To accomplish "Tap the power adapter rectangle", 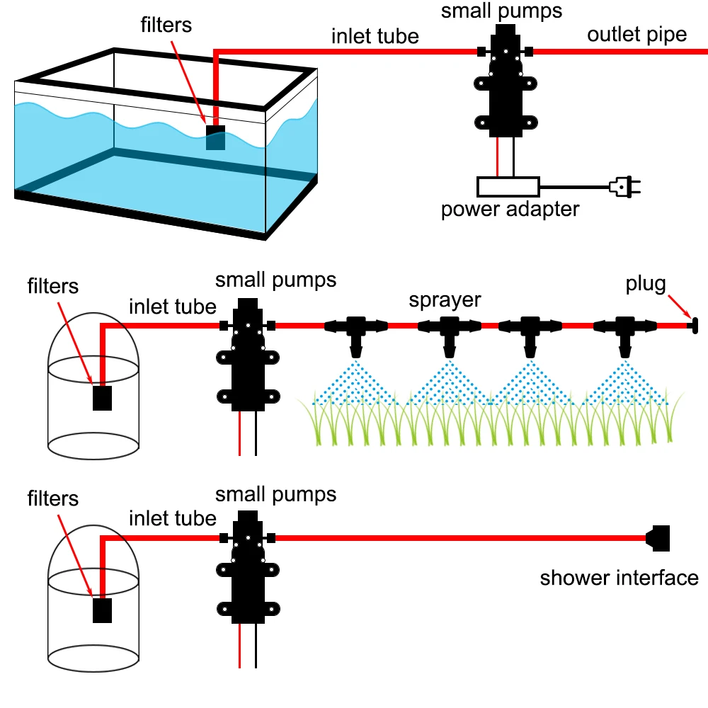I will (508, 187).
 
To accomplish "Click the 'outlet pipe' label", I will (636, 34).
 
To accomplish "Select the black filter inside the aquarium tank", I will (215, 137).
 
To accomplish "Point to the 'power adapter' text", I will (510, 210).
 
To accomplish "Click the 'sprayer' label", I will (445, 299).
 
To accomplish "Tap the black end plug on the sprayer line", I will (691, 326).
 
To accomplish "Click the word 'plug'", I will (645, 284).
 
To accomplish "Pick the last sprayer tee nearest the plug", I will (624, 331).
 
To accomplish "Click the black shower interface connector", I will (659, 539).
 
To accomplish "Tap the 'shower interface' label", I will (619, 578).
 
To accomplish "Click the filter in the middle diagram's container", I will (103, 398).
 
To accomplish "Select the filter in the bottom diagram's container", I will (103, 610).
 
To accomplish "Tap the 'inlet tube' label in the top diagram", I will (375, 35).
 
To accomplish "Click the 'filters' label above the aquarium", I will (165, 25).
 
